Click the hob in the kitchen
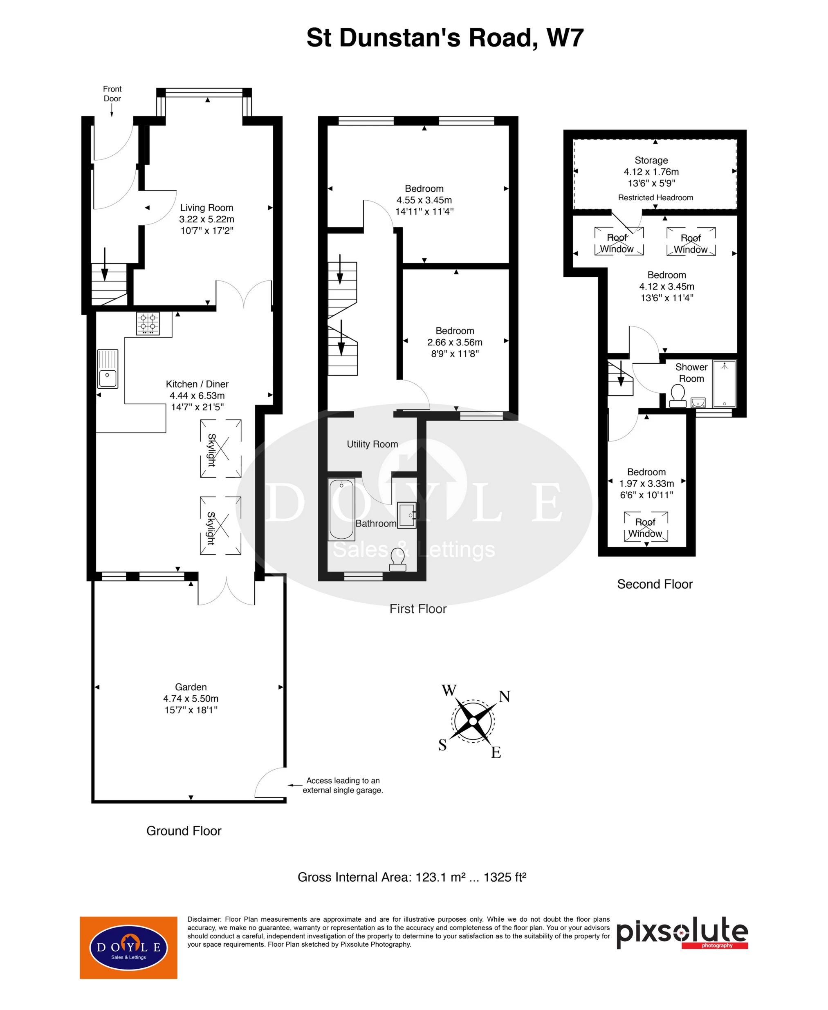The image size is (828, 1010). [x=148, y=323]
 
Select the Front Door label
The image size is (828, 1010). [x=112, y=94]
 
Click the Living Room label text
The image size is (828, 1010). [x=206, y=208]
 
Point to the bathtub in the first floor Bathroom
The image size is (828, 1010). [x=341, y=509]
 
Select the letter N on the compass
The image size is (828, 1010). [x=505, y=696]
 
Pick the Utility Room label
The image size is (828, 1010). [x=372, y=444]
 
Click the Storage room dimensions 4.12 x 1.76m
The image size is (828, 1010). [x=651, y=172]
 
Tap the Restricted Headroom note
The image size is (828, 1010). [x=655, y=198]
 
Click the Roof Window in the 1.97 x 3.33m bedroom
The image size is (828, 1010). [x=646, y=527]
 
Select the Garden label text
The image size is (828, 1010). [x=191, y=687]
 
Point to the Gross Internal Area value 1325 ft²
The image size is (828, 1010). [x=505, y=878]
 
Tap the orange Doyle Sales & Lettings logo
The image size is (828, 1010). [x=128, y=947]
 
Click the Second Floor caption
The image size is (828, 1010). [x=654, y=584]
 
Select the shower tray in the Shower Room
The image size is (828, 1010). [x=724, y=384]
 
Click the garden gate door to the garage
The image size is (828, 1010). [x=270, y=782]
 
